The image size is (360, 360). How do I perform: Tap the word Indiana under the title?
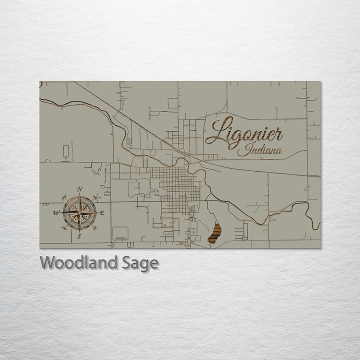pyautogui.click(x=259, y=150)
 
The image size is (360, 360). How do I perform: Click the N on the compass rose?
pyautogui.click(x=79, y=189)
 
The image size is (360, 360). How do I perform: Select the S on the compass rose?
pyautogui.click(x=78, y=236)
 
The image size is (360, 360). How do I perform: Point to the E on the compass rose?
pyautogui.click(x=102, y=213)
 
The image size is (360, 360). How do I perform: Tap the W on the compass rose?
pyautogui.click(x=56, y=212)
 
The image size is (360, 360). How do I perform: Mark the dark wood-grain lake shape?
pyautogui.click(x=214, y=233)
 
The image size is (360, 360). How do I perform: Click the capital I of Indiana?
pyautogui.click(x=242, y=150)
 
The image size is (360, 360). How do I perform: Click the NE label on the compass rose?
pyautogui.click(x=95, y=196)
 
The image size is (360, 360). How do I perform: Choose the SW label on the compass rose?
pyautogui.click(x=63, y=228)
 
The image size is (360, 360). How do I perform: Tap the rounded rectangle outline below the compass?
pyautogui.click(x=120, y=233)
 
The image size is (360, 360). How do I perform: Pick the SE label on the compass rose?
pyautogui.click(x=95, y=229)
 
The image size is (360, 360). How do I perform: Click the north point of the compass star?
pyautogui.click(x=79, y=197)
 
